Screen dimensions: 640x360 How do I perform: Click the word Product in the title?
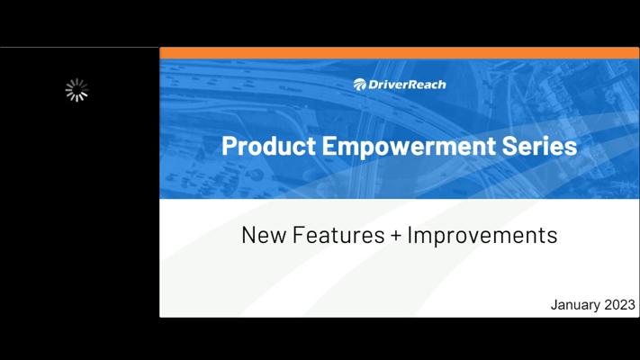268,146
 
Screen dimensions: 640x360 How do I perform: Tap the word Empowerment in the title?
409,147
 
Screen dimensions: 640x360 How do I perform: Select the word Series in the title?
539,146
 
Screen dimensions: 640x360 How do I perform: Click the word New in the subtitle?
264,235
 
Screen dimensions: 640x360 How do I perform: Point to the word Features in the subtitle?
338,235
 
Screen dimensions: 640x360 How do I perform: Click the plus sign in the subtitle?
395,236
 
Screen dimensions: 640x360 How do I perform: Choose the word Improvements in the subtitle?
482,236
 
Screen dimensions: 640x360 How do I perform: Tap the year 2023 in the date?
619,304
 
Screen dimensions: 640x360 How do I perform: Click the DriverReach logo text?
407,85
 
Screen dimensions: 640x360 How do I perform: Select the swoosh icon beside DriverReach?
359,85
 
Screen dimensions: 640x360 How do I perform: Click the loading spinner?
77,90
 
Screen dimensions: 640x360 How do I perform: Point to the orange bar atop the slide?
399,53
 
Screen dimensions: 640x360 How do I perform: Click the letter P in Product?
229,146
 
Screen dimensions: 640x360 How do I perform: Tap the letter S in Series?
509,146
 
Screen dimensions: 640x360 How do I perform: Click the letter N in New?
249,235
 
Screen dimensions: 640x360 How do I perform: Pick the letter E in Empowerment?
329,146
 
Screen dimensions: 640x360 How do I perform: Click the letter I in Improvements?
410,235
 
